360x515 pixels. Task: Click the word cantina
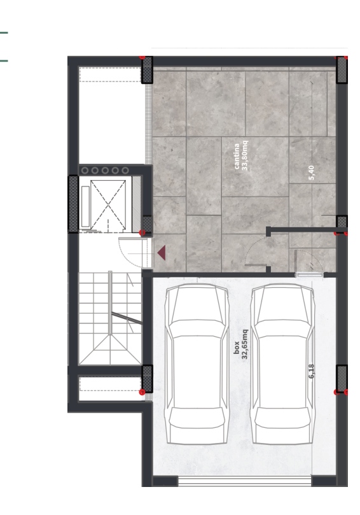(x=237, y=157)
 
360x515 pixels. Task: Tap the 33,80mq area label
(x=245, y=156)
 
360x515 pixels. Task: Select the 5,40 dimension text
(x=312, y=173)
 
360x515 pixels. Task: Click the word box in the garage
(x=237, y=348)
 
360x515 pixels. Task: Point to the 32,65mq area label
(x=245, y=344)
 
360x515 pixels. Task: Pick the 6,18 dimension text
(x=312, y=371)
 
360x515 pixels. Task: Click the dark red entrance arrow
(x=162, y=253)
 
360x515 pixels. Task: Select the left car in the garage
(x=197, y=364)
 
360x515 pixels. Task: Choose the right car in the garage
(x=282, y=364)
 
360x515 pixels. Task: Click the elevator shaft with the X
(x=108, y=204)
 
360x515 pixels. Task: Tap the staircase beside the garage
(x=110, y=318)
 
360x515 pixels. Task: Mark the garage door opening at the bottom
(x=244, y=481)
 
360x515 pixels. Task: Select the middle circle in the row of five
(x=105, y=170)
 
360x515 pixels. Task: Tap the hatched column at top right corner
(x=342, y=69)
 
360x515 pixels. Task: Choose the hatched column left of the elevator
(x=73, y=204)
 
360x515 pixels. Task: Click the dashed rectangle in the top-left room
(x=110, y=74)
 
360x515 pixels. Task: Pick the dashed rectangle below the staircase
(x=110, y=384)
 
